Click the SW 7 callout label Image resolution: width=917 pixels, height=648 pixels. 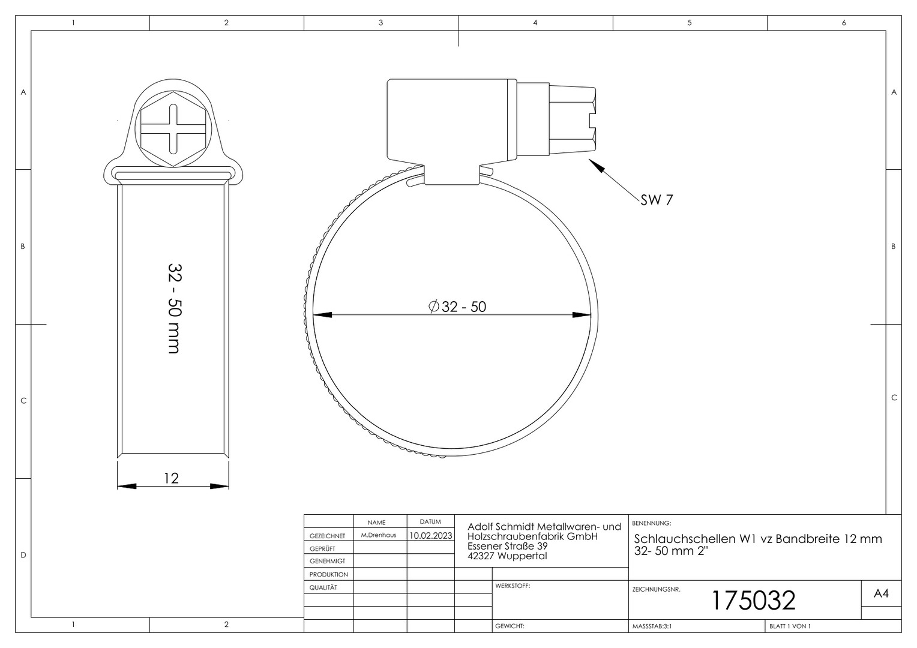pos(657,200)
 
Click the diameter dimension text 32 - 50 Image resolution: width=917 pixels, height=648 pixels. pos(457,307)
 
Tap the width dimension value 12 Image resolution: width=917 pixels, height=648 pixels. pos(172,478)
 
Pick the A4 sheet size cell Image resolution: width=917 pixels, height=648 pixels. pos(882,593)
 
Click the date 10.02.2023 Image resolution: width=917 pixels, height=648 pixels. pos(431,536)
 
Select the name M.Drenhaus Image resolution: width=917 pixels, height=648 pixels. pos(379,535)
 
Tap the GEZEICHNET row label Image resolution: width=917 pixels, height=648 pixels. pos(328,536)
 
